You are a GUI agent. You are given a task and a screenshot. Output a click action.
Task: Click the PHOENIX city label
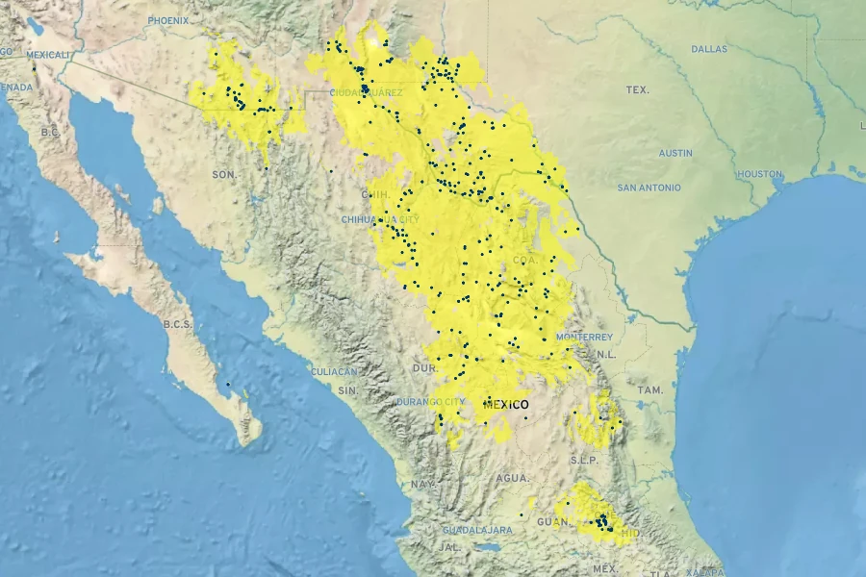coord(168,20)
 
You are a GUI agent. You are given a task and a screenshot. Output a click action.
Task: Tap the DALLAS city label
coord(709,48)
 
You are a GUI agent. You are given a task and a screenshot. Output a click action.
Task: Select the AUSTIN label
coord(675,153)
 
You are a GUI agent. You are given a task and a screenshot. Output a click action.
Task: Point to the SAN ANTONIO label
coord(649,188)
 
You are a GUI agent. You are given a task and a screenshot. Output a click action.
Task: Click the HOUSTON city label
coord(759,174)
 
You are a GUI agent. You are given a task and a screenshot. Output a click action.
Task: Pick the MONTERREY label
coord(584,338)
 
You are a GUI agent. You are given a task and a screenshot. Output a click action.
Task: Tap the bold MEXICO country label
coord(506,405)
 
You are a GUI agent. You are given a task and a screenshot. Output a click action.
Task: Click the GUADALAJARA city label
coord(477,530)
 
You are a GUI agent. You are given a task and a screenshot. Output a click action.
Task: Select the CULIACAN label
coord(334,371)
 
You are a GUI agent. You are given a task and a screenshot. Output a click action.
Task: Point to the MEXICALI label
coord(49,55)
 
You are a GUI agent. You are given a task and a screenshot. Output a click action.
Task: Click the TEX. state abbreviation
coord(637,90)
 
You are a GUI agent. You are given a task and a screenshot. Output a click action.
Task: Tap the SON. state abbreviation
coord(224,174)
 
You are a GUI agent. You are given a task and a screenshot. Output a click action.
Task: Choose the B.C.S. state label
coord(178,324)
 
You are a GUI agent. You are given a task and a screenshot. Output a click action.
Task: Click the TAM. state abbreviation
coord(650,390)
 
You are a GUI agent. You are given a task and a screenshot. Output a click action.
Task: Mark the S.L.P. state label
coord(584,460)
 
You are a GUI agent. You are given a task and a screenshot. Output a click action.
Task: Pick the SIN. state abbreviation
coord(348,390)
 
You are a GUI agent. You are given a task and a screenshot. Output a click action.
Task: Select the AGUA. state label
coord(513,478)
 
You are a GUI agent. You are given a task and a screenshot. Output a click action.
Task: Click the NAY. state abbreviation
coord(421,485)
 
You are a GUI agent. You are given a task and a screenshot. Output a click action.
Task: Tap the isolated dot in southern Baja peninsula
coord(228,385)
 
